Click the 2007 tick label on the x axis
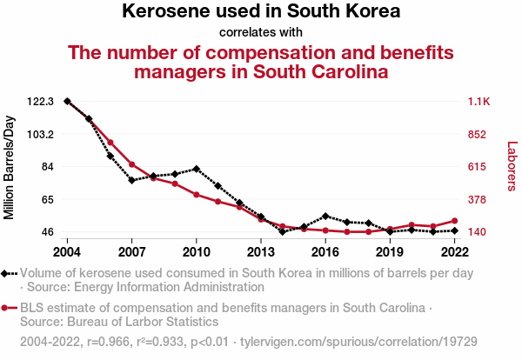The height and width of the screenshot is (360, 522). [x=131, y=252]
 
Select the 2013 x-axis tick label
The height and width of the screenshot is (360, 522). [x=261, y=252]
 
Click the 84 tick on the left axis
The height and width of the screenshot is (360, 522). [x=47, y=167]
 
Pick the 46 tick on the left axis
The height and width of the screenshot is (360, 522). [x=47, y=232]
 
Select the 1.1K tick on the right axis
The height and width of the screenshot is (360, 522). [x=479, y=102]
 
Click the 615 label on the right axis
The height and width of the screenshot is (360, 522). [x=478, y=167]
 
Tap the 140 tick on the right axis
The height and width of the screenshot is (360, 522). [x=478, y=232]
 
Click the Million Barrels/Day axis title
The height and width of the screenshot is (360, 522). [x=10, y=166]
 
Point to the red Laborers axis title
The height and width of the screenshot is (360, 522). [x=512, y=166]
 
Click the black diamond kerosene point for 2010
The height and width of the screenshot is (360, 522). [x=197, y=169]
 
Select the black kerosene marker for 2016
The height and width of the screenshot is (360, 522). [x=325, y=216]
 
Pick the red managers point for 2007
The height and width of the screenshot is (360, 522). [x=131, y=164]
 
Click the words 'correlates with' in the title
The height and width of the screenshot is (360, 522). [x=261, y=33]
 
